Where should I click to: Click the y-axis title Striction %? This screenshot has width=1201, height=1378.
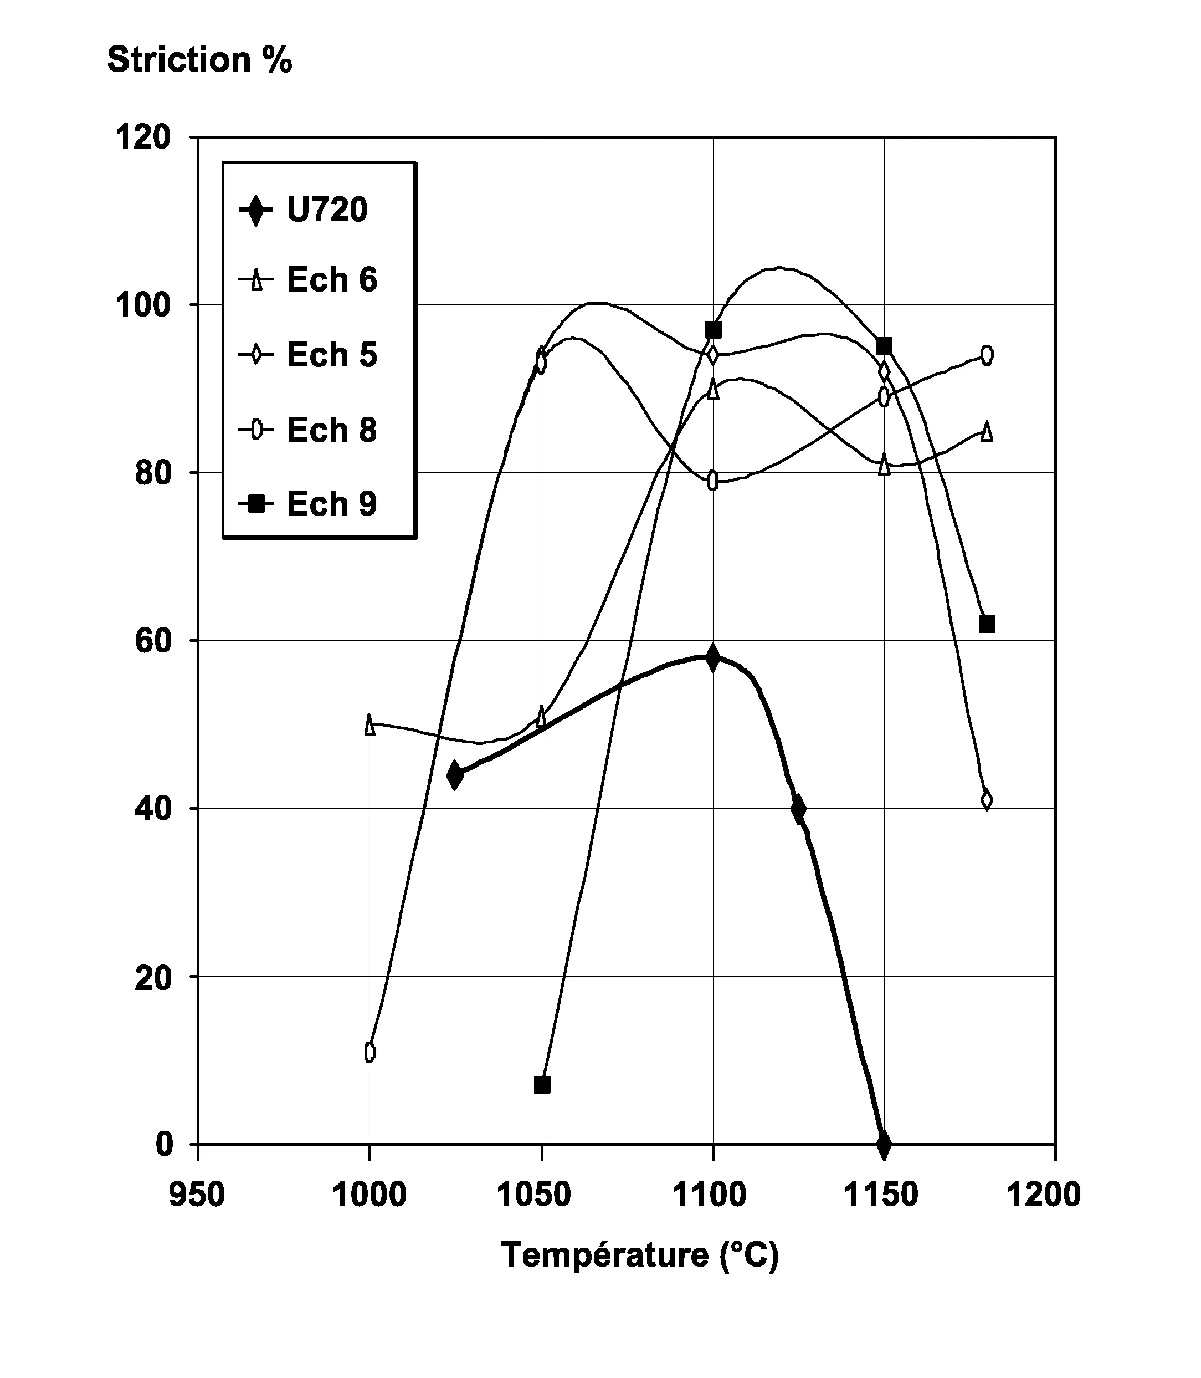(200, 60)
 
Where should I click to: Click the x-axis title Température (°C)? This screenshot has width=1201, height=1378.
(640, 1254)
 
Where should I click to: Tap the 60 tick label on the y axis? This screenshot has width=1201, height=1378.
(153, 641)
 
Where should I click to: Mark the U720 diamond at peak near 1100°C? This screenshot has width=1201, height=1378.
(713, 658)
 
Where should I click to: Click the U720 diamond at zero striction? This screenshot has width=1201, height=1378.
(884, 1144)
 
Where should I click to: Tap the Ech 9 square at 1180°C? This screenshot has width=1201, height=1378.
(987, 624)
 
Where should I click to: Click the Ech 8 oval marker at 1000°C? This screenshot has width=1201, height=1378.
(369, 1053)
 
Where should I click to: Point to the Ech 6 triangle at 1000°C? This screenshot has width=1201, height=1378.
(369, 725)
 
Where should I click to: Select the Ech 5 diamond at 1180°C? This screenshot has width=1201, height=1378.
(987, 800)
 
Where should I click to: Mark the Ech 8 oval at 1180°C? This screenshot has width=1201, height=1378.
(987, 355)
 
